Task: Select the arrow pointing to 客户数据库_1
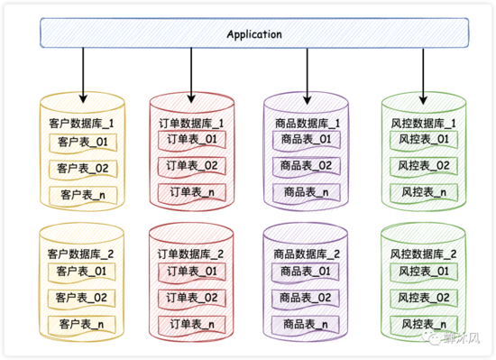(83, 72)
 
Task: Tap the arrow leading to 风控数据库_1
(422, 72)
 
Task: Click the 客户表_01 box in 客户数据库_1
(82, 143)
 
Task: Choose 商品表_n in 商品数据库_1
(307, 192)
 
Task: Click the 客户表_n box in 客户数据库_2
(82, 323)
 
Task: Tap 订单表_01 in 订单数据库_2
(193, 271)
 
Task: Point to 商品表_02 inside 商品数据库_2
(307, 296)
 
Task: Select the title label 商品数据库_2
(307, 254)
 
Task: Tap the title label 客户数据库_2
(82, 254)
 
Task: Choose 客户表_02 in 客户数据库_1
(82, 169)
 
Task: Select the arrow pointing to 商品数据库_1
(308, 72)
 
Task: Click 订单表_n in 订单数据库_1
(193, 192)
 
